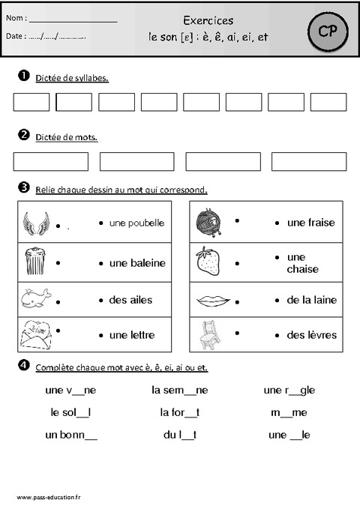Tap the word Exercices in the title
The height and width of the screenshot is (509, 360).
(x=208, y=20)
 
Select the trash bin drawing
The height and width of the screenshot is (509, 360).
(x=34, y=261)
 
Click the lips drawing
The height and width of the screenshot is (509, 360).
(x=213, y=300)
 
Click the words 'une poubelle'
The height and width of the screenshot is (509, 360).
(x=136, y=223)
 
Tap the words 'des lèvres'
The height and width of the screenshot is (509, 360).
(x=311, y=335)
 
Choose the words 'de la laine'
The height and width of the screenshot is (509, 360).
(x=311, y=300)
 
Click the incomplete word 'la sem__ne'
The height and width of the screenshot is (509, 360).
(x=179, y=391)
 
